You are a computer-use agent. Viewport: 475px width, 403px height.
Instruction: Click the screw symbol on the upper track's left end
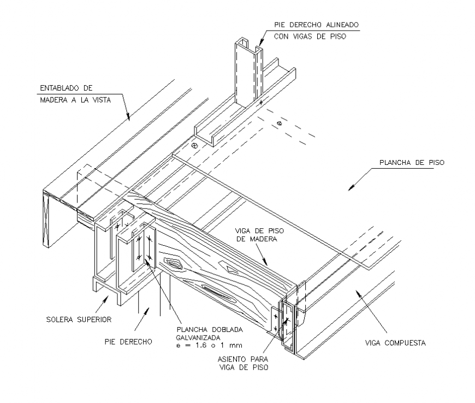pos(194,146)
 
